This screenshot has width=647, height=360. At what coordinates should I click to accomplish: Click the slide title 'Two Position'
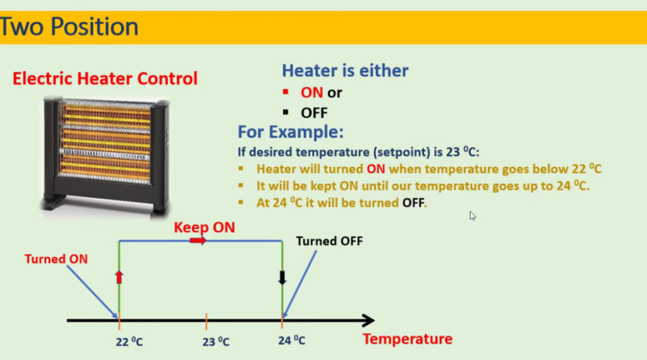69,27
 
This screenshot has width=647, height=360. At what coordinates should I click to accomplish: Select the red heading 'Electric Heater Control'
105,78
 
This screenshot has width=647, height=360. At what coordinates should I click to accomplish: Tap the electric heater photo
106,157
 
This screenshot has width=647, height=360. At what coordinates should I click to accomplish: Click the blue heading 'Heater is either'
345,71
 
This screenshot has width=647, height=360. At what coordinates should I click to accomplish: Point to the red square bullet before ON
286,92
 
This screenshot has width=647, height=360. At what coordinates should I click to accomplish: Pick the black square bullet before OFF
286,112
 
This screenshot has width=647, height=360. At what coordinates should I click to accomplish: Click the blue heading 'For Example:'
291,132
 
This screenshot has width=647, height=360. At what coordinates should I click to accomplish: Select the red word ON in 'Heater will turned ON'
375,169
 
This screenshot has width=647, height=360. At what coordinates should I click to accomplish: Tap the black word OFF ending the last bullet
413,203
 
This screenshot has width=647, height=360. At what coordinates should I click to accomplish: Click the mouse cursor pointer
472,215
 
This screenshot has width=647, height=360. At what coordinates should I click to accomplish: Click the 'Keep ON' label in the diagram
204,227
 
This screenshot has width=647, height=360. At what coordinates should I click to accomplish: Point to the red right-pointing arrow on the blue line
198,241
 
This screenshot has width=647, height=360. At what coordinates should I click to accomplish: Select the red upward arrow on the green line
119,277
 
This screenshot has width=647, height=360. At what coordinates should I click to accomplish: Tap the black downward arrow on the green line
282,278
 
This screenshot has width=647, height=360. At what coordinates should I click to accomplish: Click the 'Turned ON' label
56,259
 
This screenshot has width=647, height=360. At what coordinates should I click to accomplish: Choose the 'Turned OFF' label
329,241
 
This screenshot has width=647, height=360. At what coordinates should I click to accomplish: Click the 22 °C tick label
129,342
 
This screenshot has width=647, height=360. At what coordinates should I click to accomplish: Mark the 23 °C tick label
216,342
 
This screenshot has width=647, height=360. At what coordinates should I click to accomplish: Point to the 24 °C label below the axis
292,340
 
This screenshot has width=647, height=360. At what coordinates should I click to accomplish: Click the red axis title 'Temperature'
408,339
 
